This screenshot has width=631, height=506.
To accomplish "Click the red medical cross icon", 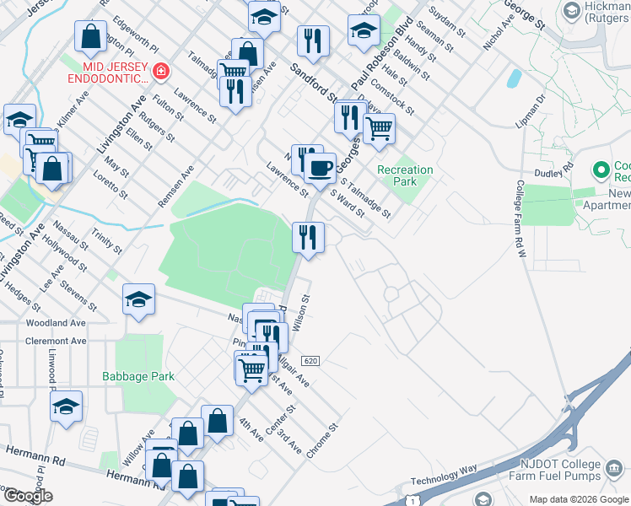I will click(160, 73).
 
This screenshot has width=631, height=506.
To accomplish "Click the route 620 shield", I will click(310, 360).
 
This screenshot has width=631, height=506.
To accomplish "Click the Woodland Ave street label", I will click(57, 323).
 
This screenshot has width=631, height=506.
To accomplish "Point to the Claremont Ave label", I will click(57, 342).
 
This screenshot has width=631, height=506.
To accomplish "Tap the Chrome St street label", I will click(322, 440).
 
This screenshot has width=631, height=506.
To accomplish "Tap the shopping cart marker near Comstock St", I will click(380, 130).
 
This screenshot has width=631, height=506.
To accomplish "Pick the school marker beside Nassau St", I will click(139, 299).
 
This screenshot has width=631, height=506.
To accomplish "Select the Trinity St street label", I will click(107, 245).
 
